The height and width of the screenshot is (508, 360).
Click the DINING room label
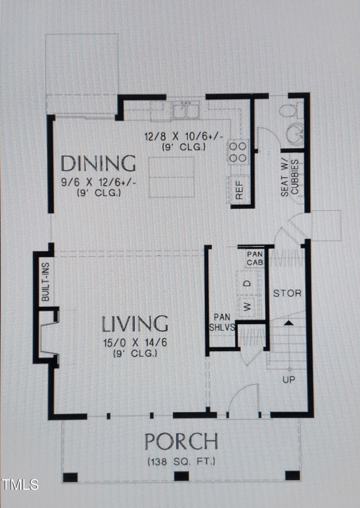pyautogui.click(x=98, y=164)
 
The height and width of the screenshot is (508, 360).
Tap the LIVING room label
pyautogui.click(x=135, y=324)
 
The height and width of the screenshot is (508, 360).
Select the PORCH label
pyautogui.click(x=181, y=442)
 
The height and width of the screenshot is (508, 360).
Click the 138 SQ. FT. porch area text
pyautogui.click(x=181, y=461)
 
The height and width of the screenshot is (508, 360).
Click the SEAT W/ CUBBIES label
pyautogui.click(x=289, y=177)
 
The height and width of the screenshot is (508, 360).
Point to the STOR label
pyautogui.click(x=288, y=293)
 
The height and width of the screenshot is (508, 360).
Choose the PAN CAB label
pyautogui.click(x=252, y=258)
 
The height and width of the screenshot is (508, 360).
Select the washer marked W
pyautogui.click(x=247, y=307)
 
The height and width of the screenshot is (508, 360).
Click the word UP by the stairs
pyautogui.click(x=288, y=380)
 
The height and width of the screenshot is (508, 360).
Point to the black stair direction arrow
pyautogui.click(x=288, y=322)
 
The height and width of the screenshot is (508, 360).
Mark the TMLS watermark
pyautogui.click(x=20, y=485)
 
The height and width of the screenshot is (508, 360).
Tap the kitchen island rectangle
pyautogui.click(x=171, y=177)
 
